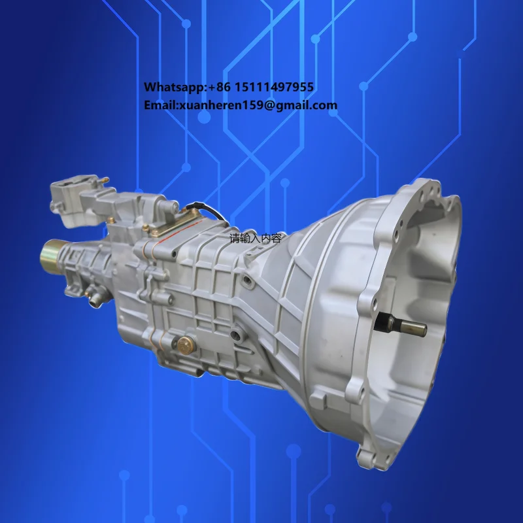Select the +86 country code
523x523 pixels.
222,87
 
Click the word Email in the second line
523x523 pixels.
160,105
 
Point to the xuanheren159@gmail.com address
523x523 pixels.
259,105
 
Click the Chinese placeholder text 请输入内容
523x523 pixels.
255,239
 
